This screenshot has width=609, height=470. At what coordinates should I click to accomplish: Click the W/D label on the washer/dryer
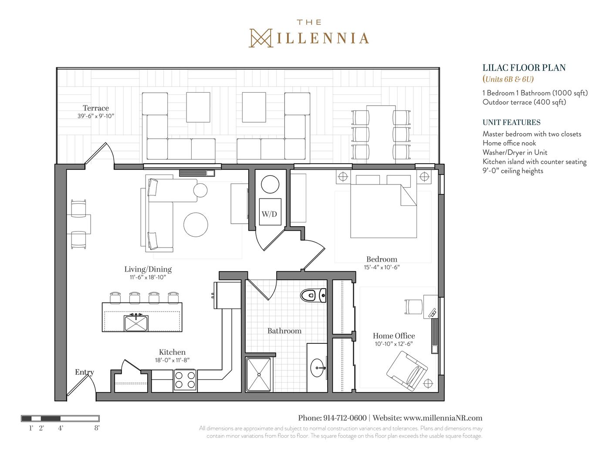[269, 214]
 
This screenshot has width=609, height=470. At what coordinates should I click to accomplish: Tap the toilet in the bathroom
[313, 295]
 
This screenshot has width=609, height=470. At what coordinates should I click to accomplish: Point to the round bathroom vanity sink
[318, 368]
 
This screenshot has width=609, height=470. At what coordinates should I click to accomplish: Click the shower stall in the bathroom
[259, 374]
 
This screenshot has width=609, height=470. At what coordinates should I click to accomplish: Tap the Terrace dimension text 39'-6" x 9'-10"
[96, 116]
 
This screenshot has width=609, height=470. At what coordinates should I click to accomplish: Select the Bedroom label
[382, 259]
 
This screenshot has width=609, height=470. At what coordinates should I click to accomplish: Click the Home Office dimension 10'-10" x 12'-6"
[394, 344]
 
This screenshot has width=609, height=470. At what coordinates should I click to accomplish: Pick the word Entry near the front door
[85, 372]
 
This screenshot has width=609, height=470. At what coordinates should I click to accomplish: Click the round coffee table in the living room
[196, 225]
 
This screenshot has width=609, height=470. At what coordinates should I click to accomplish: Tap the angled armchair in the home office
[407, 371]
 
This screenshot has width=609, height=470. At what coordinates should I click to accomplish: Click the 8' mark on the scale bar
[97, 428]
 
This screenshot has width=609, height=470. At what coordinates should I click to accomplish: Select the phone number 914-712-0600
[345, 418]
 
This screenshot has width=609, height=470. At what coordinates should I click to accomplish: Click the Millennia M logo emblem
[261, 38]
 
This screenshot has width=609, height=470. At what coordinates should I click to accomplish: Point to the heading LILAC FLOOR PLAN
[524, 68]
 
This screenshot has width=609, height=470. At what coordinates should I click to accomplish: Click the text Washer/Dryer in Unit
[515, 152]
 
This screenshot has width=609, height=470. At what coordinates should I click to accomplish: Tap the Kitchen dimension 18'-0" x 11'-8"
[173, 360]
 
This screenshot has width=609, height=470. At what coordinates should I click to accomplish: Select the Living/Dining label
[148, 269]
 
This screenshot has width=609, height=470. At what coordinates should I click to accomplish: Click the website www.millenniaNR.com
[443, 418]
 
